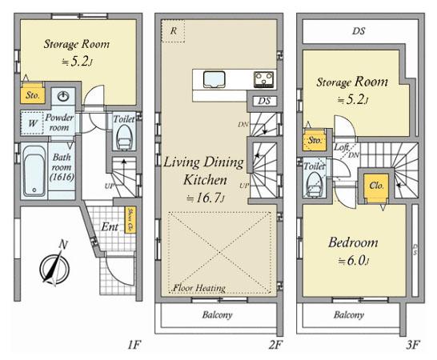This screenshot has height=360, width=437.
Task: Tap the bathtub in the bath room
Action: [x=34, y=173]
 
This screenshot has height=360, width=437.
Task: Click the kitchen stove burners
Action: [x=264, y=79]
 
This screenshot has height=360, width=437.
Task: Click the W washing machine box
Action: [x=32, y=125]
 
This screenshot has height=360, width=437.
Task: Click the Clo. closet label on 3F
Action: [x=377, y=185]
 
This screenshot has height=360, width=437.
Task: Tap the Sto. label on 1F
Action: [x=33, y=94]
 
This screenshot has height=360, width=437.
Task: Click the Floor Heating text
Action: [x=198, y=287]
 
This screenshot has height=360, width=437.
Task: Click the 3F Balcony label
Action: [x=351, y=314]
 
